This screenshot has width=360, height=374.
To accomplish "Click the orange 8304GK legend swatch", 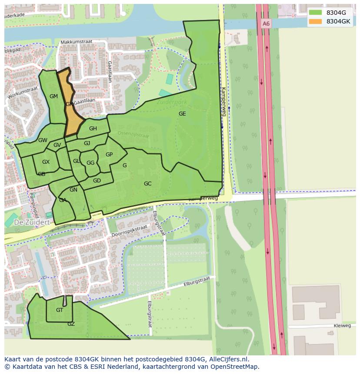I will coord(316,21).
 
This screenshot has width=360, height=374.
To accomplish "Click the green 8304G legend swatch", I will coord(316,13).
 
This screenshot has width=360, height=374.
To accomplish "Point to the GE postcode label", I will coord(182,114).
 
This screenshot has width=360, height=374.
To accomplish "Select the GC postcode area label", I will coord(148,184).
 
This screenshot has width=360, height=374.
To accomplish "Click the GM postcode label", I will coord(53,96).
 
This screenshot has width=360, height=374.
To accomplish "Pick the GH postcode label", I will coord(93,129).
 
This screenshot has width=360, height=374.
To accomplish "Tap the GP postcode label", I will coord(109,155).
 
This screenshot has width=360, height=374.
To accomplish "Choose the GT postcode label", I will coord(60,310).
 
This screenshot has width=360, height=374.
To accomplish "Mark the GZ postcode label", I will coord(71,324).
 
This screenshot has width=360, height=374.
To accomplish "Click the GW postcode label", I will coord(43,140).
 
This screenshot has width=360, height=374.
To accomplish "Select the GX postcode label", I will coord(46,162).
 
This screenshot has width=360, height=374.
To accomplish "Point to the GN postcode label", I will coord(73,190).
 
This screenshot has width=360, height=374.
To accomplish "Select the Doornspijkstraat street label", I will coord(130,231).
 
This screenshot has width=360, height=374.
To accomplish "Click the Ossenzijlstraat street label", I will coord(133,135).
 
